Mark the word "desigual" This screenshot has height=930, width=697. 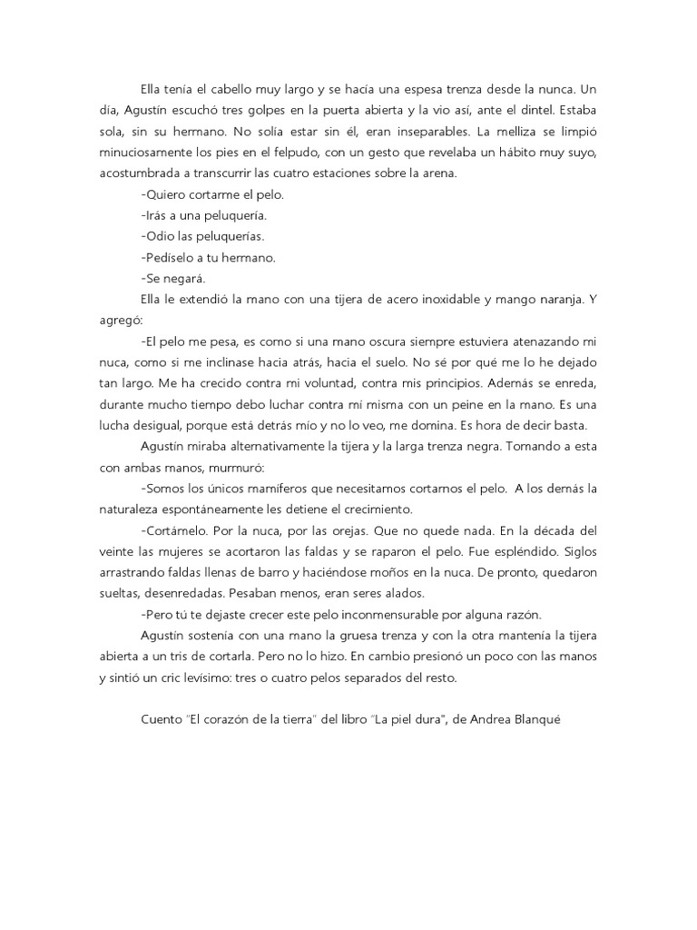pos(158,426)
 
